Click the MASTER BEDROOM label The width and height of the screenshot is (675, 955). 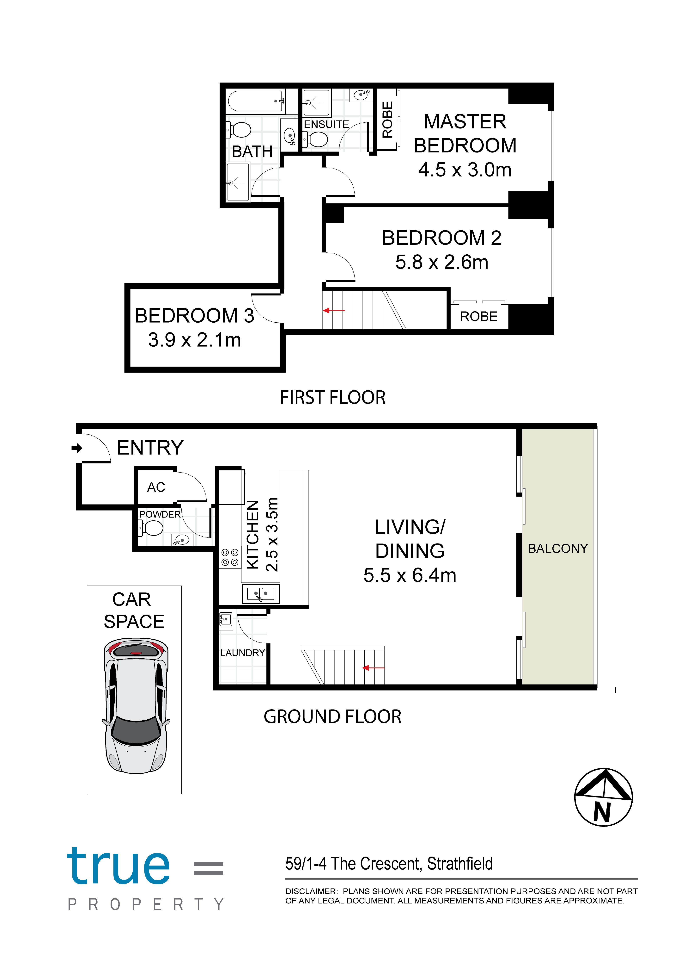pos(465,133)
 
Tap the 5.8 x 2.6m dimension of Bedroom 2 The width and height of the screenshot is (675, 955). pos(442,262)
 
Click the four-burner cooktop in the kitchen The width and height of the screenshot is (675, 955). pos(230,557)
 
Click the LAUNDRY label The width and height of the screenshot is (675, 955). pos(242,653)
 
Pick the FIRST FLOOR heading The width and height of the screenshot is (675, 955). pos(332,397)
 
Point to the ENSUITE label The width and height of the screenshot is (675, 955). pos(326,124)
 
